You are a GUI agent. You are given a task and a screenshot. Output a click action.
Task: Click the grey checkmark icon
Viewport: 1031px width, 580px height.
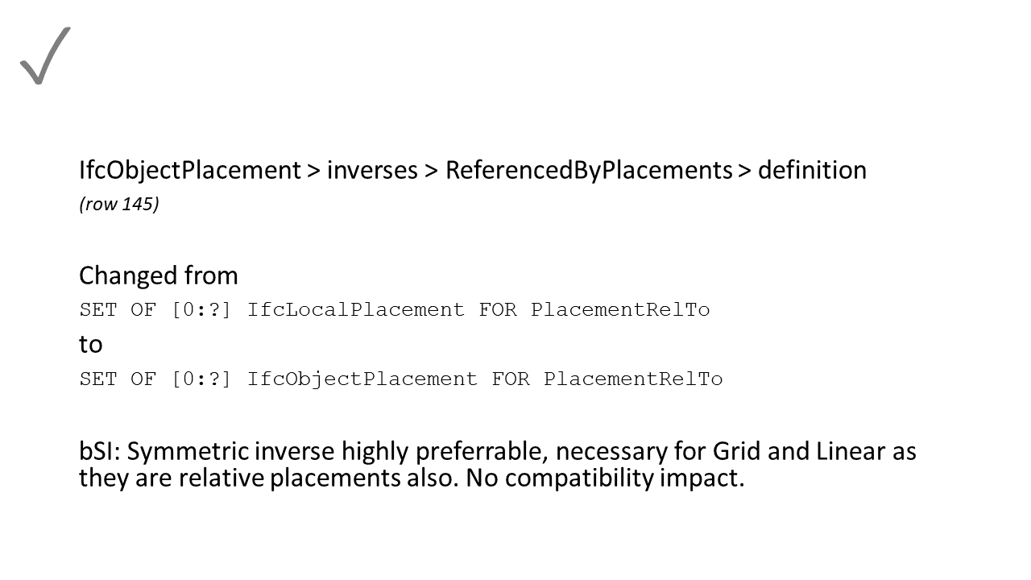pos(45,56)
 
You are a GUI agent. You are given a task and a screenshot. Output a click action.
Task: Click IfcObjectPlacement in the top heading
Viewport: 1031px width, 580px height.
pos(189,170)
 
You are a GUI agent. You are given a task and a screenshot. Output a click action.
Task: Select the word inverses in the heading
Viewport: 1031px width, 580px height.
pos(372,170)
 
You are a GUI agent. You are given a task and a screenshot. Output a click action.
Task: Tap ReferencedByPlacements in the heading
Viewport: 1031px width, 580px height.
pos(588,170)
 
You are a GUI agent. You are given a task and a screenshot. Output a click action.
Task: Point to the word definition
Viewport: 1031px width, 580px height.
pos(812,170)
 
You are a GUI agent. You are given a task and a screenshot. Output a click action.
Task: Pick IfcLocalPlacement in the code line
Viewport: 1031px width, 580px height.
pos(355,310)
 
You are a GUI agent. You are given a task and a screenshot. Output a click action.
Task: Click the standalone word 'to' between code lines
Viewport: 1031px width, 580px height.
pos(90,344)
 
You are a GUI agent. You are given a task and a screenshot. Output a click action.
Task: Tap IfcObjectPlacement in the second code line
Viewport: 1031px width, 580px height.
pos(362,379)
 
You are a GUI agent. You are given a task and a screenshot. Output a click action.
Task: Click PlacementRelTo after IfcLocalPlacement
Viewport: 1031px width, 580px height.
pos(620,310)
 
